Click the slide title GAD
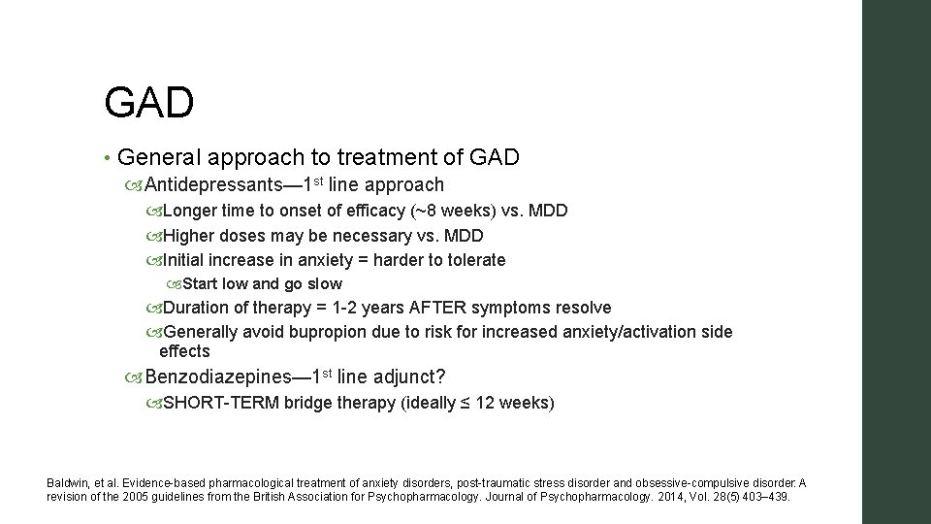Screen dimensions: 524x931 click(x=148, y=102)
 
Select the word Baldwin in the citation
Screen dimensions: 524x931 click(x=67, y=483)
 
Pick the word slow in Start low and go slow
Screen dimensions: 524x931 click(x=324, y=284)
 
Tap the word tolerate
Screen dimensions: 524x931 click(x=473, y=260)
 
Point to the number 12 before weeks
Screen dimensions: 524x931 click(x=485, y=403)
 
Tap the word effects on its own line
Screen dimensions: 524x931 click(x=184, y=351)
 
